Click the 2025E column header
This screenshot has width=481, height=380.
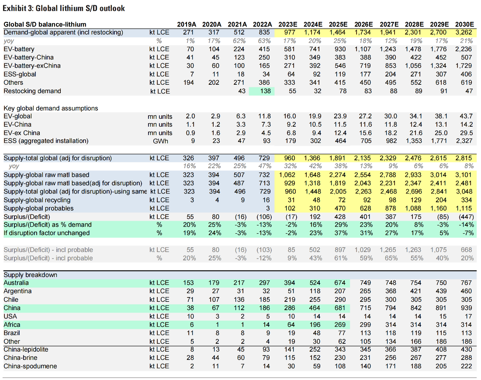point(338,24)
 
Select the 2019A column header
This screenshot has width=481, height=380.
point(187,24)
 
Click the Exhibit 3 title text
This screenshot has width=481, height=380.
point(64,8)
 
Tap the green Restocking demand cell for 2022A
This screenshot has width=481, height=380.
point(262,91)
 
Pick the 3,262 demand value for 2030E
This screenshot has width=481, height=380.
point(464,32)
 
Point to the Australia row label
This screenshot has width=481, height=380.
point(16,283)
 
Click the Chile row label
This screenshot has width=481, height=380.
point(11,300)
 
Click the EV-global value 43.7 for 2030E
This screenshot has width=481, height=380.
point(466,116)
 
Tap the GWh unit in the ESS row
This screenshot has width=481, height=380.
point(160,141)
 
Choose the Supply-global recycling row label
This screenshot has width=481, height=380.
point(37,200)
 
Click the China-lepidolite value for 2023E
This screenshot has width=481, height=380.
point(289,349)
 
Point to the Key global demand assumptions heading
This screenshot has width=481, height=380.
point(51,108)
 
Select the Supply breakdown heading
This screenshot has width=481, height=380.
point(31,275)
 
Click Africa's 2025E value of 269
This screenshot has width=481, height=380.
point(340,325)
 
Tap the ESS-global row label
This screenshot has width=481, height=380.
point(20,74)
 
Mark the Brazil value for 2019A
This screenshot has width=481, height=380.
point(190,333)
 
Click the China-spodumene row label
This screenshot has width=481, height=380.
point(30,366)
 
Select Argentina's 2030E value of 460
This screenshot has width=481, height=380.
point(466,291)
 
